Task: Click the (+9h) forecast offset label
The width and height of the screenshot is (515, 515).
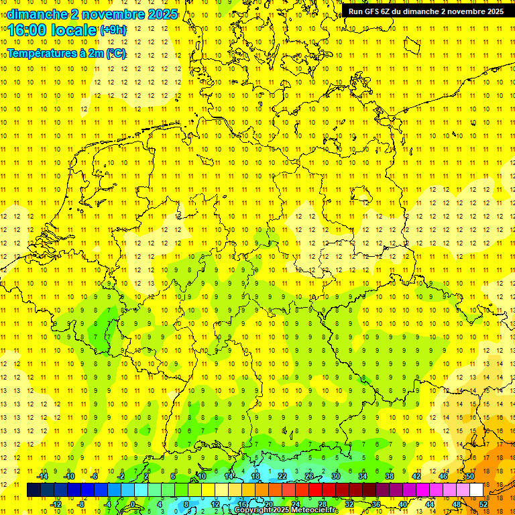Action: [112, 30]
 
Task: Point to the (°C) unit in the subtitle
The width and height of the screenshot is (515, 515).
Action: [115, 54]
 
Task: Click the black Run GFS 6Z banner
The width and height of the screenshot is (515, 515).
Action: [426, 11]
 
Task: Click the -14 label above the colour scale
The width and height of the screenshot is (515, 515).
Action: [42, 476]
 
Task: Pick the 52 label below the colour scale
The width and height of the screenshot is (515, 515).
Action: [484, 504]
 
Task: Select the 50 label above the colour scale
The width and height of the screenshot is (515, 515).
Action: [470, 476]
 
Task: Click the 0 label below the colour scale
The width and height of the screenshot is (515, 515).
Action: [133, 504]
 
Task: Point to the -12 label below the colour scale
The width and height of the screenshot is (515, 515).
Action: [56, 504]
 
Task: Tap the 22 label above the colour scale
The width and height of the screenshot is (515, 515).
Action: [282, 476]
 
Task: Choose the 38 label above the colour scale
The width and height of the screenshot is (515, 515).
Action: [390, 476]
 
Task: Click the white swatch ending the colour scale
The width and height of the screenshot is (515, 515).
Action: [477, 490]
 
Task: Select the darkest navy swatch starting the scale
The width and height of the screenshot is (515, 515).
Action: [34, 490]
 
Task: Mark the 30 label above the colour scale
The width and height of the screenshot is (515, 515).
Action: [336, 476]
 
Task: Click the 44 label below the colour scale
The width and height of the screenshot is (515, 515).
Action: [430, 504]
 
